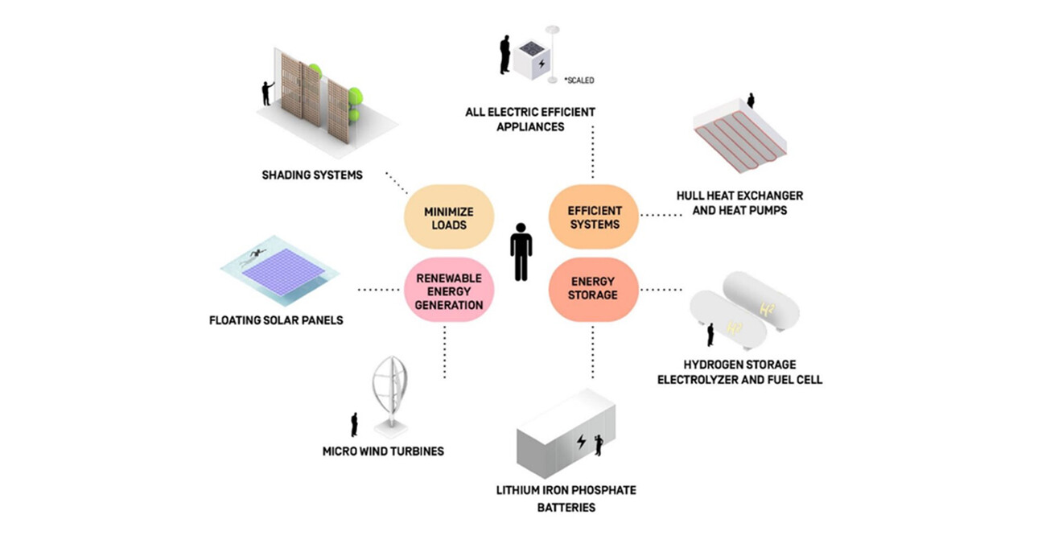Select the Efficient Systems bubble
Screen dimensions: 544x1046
pos(595,217)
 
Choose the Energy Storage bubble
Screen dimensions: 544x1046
pos(594,289)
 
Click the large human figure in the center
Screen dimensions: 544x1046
pos(521,251)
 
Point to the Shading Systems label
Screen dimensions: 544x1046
pos(311,175)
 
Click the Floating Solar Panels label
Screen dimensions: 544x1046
pos(275,320)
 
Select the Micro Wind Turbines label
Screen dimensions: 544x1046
pos(383,451)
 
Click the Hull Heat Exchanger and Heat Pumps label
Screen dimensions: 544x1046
pos(739,203)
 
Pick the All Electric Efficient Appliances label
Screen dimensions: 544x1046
pos(530,119)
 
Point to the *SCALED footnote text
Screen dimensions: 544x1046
pos(579,80)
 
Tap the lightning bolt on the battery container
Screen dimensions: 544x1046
pos(581,442)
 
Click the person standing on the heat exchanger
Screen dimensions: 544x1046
pos(752,101)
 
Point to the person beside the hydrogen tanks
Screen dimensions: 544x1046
pos(710,334)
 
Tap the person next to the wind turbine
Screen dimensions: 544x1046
pos(354,425)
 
